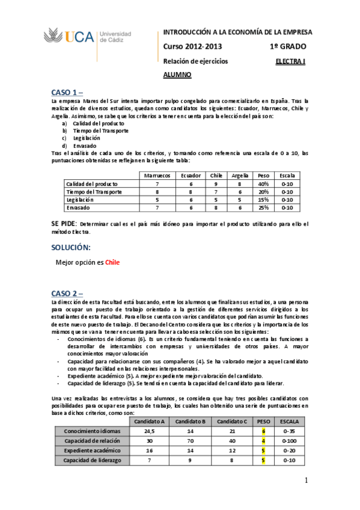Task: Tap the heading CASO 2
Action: pos(68,285)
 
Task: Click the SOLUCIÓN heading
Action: pos(71,247)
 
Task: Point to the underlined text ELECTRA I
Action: pos(290,61)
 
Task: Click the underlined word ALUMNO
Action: pos(177,75)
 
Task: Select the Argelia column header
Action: pos(240,175)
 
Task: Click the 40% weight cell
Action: pos(263,183)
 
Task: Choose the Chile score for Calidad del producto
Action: pos(216,183)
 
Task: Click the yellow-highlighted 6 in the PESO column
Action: pos(263,431)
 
